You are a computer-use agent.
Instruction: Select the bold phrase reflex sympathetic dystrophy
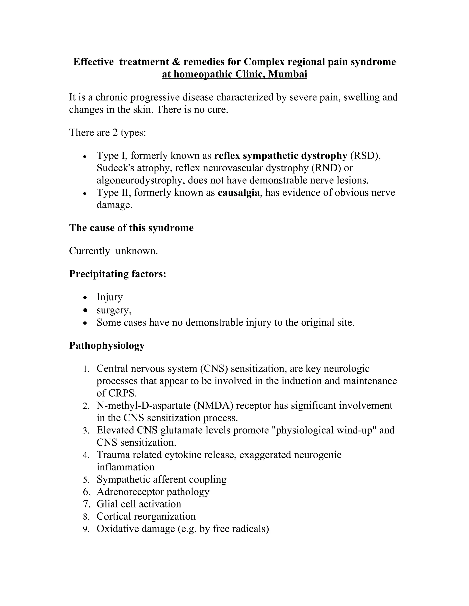[281, 156]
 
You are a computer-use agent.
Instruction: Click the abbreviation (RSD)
[365, 156]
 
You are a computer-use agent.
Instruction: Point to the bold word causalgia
[239, 193]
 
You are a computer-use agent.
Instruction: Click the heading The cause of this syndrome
[131, 228]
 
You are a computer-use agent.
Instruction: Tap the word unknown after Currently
[137, 251]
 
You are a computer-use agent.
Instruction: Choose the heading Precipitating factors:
[117, 274]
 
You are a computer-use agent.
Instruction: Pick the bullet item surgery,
[114, 310]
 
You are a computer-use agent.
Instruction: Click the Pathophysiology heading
[107, 346]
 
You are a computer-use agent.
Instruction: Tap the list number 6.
[86, 492]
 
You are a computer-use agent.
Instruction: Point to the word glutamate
[181, 430]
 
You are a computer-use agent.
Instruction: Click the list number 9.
[86, 529]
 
